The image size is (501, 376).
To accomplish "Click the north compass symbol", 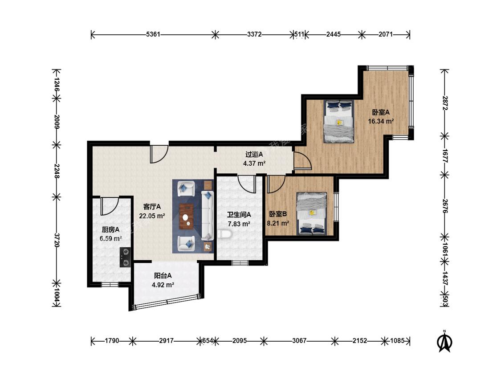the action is (444, 341).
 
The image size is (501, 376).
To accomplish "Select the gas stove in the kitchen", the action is (125, 257).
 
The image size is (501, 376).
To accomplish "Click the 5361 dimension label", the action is (153, 34).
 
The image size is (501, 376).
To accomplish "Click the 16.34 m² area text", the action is (381, 121).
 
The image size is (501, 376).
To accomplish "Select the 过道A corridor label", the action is (254, 155).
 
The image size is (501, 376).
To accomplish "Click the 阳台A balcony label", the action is (163, 276).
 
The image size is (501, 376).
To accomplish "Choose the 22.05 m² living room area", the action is (152, 216).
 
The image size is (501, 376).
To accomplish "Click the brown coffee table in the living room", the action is (186, 216).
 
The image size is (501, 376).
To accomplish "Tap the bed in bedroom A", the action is (339, 122).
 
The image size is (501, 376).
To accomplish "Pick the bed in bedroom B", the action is (312, 213).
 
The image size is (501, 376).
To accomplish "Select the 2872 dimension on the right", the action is (444, 102).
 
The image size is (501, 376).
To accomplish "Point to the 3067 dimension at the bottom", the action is (299, 341).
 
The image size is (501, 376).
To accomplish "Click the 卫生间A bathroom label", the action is (239, 215).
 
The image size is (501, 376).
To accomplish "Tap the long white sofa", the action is (207, 216).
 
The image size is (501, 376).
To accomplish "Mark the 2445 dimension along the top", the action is (333, 34).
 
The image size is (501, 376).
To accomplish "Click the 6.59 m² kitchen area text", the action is (110, 238).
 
